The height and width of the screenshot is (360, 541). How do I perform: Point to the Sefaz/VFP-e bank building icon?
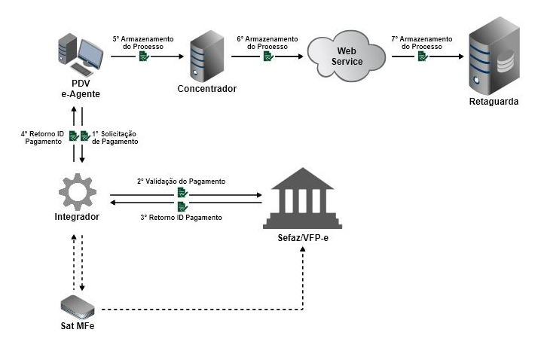click(302, 198)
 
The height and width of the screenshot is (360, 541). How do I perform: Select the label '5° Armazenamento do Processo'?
click(142, 42)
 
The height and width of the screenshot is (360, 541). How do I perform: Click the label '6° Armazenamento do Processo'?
click(267, 42)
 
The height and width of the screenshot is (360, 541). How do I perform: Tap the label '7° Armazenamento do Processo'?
click(422, 42)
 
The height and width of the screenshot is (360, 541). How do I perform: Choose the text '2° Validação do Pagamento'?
click(181, 182)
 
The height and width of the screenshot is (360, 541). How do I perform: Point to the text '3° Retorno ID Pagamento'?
click(181, 217)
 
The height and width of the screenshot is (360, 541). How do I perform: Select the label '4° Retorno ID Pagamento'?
click(41, 136)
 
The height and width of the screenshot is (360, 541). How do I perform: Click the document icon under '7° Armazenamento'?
click(423, 56)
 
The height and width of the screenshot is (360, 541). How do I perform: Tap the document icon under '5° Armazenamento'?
click(143, 56)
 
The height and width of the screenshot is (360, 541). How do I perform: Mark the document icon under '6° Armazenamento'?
click(268, 56)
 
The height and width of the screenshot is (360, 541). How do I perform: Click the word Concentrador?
click(206, 89)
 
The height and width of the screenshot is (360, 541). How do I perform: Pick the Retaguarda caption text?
click(494, 101)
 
